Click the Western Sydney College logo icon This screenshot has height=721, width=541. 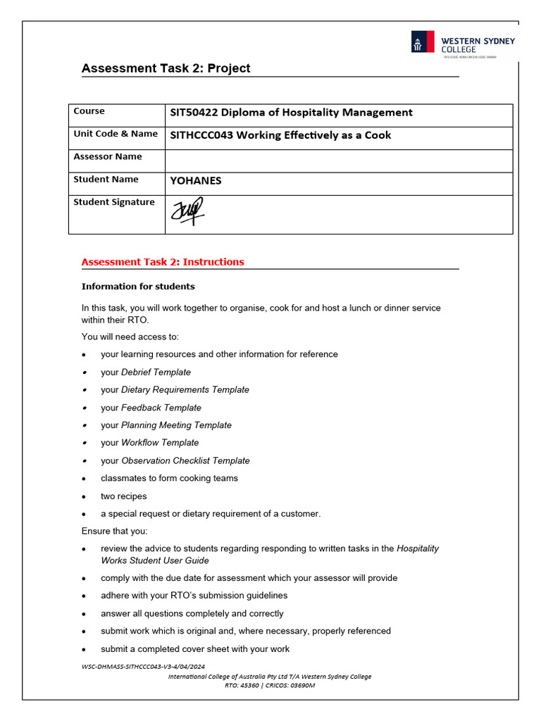tap(423, 42)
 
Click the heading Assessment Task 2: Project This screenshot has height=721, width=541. tap(166, 68)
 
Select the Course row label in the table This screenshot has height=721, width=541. tap(89, 111)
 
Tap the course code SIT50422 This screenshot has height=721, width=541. tap(192, 113)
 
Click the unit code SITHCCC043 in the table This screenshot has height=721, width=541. tap(201, 135)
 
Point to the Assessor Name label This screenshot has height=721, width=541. tap(108, 156)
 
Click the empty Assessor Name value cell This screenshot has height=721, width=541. tap(338, 161)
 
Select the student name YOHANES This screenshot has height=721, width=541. tap(196, 180)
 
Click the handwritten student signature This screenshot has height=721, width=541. tap(187, 211)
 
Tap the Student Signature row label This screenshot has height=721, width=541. tap(114, 202)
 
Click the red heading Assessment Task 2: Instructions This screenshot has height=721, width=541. tap(163, 262)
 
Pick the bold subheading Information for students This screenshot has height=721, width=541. tap(138, 287)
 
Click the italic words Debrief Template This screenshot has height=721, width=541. tap(156, 372)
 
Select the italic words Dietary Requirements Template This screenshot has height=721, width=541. tap(185, 389)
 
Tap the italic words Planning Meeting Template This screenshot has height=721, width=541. tap(176, 425)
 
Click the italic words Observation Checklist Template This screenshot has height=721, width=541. tap(185, 460)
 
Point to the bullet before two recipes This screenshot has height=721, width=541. tap(85, 496)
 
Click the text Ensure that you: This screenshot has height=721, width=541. tap(115, 531)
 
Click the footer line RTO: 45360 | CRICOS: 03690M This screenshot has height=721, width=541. tap(270, 685)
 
